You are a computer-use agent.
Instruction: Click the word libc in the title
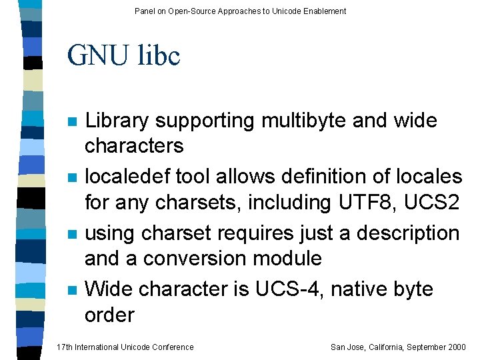159,56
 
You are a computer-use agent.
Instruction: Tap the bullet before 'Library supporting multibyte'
73,122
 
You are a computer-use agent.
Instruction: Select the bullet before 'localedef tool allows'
73,178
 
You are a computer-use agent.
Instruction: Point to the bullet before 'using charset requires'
73,234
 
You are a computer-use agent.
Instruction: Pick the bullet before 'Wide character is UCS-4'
73,290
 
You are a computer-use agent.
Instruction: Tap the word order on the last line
109,315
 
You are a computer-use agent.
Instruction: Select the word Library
117,121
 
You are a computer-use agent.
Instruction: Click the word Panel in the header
144,11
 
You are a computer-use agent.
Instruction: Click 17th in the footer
65,347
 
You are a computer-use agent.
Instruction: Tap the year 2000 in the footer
457,347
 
